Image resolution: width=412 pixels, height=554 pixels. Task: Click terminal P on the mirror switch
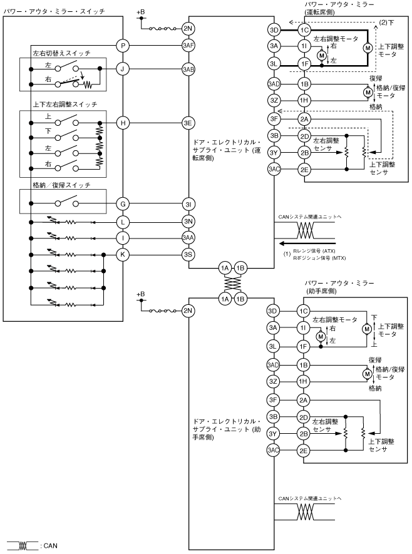coord(123,46)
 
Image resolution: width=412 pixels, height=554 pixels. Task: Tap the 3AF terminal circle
coord(188,46)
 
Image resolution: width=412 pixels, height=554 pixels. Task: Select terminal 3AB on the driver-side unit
coord(188,69)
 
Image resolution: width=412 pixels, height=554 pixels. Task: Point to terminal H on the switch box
coord(123,123)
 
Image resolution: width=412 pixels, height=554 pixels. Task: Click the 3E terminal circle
coord(188,123)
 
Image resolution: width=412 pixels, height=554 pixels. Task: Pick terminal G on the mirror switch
coord(123,204)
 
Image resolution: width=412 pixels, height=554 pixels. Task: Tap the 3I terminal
coord(188,204)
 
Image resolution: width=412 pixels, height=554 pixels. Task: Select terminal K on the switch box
coord(123,254)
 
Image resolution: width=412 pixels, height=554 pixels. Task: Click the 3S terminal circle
coord(188,254)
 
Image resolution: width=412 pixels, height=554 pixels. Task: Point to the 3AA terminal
coord(188,238)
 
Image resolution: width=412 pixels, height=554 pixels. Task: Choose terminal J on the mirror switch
coord(123,69)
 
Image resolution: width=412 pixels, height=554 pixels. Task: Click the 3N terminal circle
coord(188,222)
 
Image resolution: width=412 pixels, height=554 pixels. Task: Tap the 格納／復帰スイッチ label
coord(61,185)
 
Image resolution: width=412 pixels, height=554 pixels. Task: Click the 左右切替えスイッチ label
coord(61,53)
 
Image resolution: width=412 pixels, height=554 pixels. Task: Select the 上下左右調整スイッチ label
coord(64,105)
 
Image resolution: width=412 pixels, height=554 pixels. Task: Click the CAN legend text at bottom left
coord(51,546)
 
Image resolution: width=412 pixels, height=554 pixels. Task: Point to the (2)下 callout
coord(386,23)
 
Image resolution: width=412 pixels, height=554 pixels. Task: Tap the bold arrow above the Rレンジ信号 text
coord(306,244)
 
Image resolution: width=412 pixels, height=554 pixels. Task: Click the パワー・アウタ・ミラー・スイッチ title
coord(54,11)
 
